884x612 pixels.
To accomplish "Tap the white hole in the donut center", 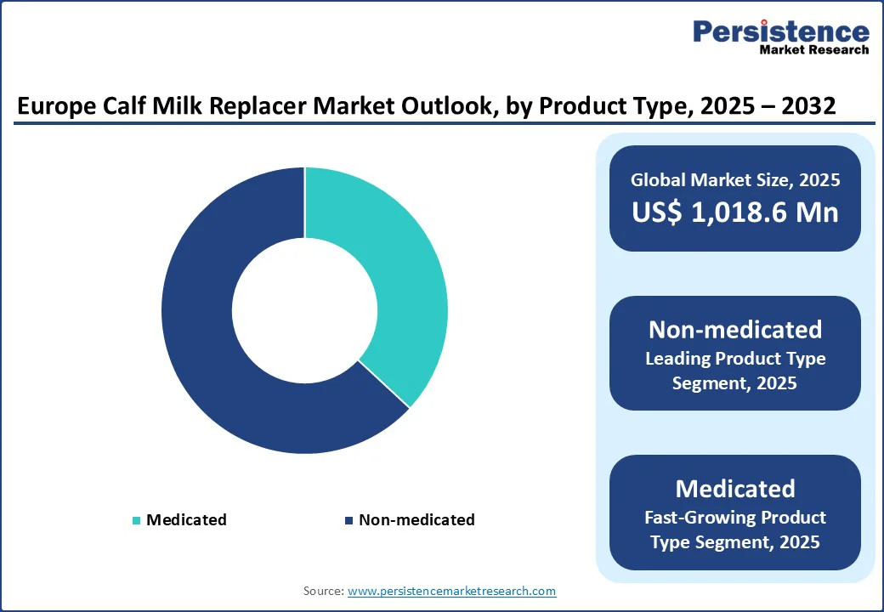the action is coord(304,310).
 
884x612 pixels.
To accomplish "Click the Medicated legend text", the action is coord(186,519).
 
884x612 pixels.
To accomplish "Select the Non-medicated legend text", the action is coord(416,519).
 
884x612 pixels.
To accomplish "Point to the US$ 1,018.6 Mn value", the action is coord(735,212).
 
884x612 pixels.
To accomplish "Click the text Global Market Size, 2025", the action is coord(735,179).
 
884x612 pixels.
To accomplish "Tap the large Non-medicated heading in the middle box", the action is coord(735,329).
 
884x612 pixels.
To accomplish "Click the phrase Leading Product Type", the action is coord(735,359).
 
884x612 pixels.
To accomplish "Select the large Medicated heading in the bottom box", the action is coord(735,488).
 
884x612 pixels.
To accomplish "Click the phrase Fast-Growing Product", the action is coord(735,517).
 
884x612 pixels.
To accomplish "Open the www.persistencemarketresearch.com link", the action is coord(452,591).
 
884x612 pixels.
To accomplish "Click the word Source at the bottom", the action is coord(323,591).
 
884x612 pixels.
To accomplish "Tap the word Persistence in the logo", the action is coord(781,31).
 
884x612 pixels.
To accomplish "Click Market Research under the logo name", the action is coord(814,50).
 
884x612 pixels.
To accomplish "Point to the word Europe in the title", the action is coord(58,106).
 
